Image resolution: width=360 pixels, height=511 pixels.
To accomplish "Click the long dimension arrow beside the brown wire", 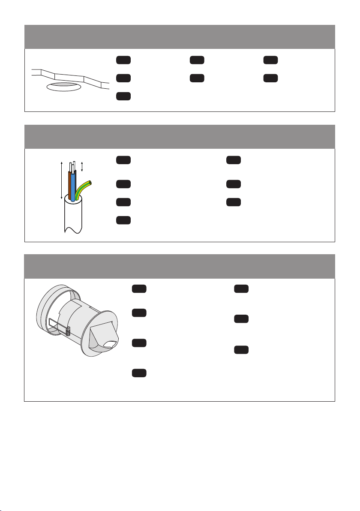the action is pyautogui.click(x=62, y=180).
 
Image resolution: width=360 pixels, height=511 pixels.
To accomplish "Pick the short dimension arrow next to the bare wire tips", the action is pyautogui.click(x=82, y=167).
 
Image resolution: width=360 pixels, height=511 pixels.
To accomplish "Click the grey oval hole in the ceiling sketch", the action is pyautogui.click(x=64, y=87).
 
